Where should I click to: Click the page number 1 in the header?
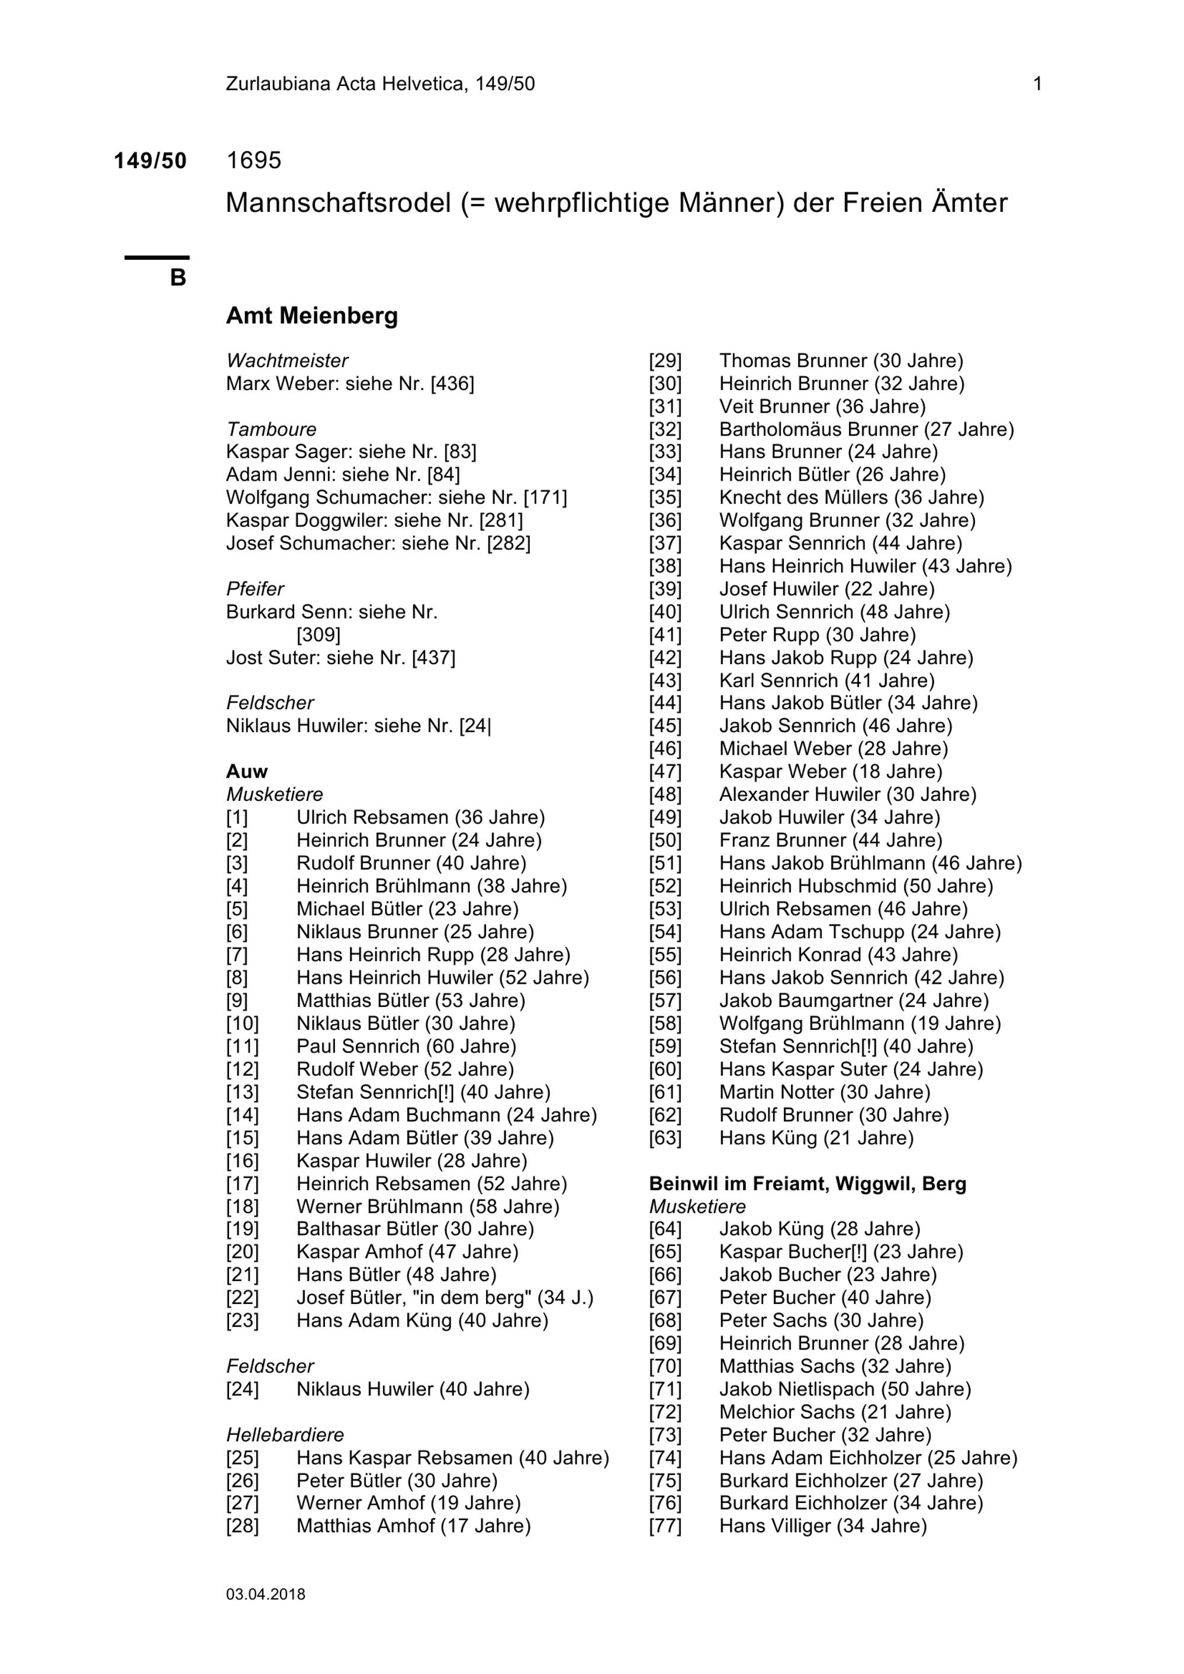click(1037, 85)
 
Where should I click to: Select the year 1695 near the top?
click(254, 160)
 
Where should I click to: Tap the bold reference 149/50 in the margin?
click(150, 161)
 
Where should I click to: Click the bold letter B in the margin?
click(178, 278)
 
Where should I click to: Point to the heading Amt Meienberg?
click(312, 316)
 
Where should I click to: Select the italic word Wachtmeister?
click(287, 361)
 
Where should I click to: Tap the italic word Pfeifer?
click(255, 589)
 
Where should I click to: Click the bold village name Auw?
click(246, 771)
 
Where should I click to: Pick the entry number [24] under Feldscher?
click(242, 1389)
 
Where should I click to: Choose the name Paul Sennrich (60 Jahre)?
click(406, 1047)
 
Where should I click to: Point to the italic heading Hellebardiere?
click(285, 1435)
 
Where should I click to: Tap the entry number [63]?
click(665, 1138)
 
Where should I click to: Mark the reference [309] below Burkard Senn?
click(318, 635)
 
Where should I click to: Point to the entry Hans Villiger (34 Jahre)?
click(822, 1526)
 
